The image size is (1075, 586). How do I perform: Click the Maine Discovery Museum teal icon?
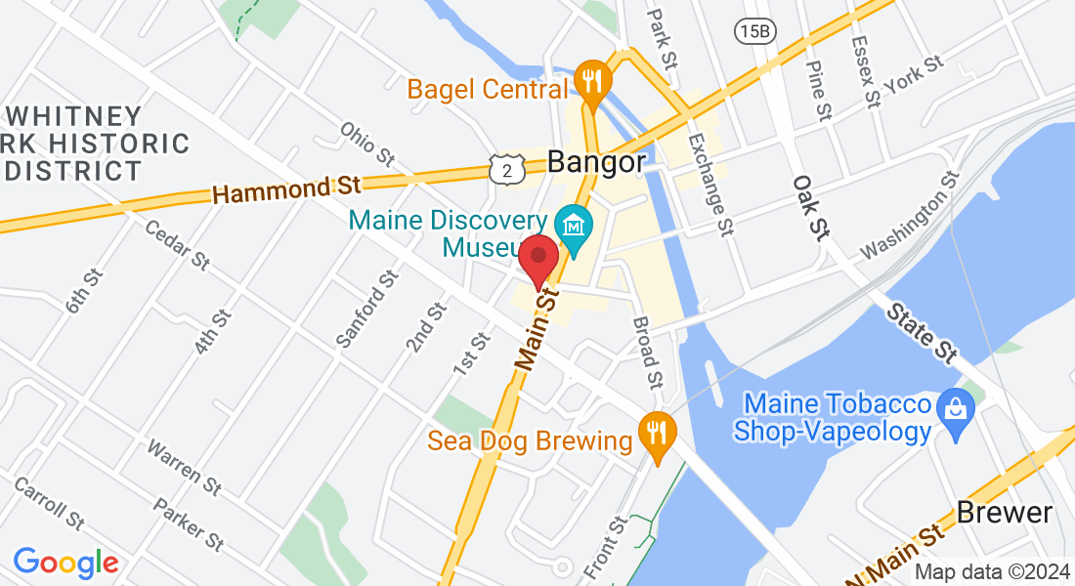pos(574,228)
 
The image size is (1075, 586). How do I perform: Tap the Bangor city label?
pos(597,161)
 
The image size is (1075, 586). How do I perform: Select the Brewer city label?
pos(1005,512)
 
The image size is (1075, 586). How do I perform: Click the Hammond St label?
pos(287,186)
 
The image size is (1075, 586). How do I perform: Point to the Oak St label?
pos(810,207)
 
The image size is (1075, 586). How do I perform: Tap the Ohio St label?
pos(366,143)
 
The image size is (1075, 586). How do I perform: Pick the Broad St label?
pos(647,351)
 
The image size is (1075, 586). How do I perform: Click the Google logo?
pos(65,563)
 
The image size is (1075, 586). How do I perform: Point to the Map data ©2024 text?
pos(991,572)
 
